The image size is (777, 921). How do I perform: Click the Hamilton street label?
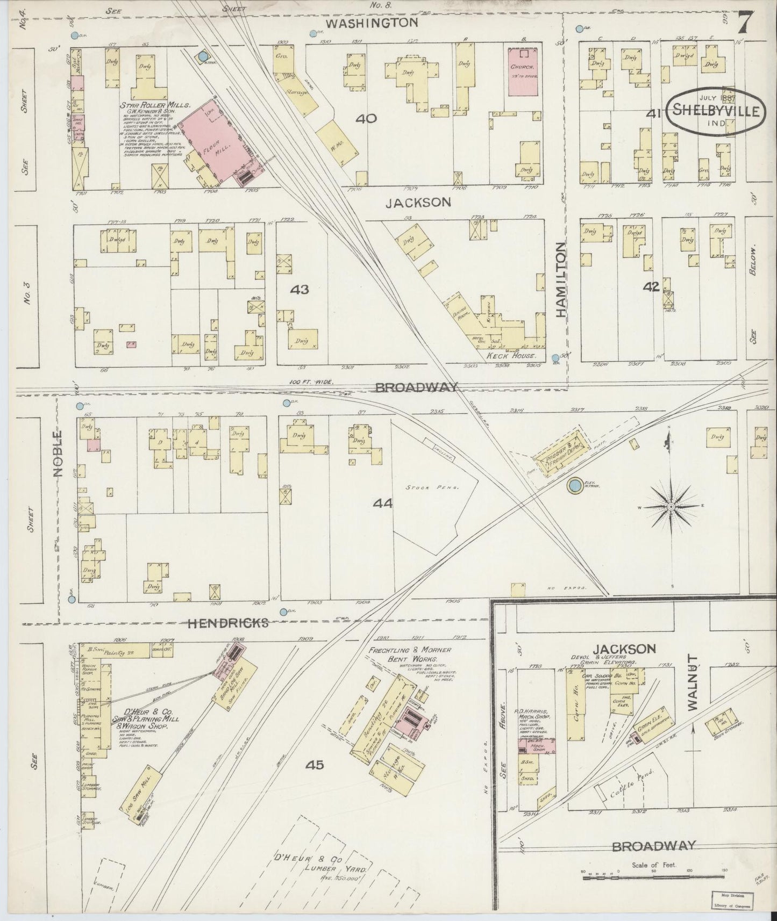561,279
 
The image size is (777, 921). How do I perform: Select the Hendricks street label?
227,623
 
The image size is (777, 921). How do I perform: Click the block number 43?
300,289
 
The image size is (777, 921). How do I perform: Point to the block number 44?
383,503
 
